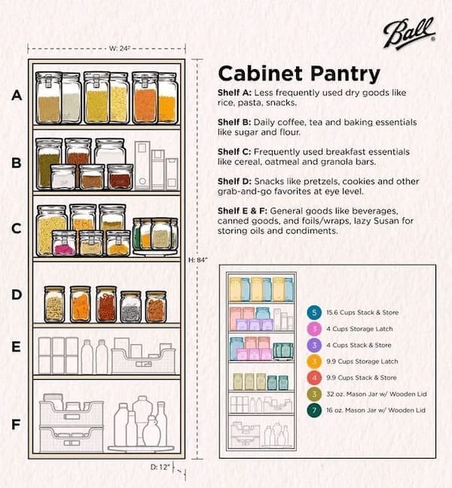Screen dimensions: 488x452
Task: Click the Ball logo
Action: coord(408,35)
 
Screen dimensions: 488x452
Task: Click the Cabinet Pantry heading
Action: coord(298,74)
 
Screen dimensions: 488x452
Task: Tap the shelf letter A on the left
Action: coord(16,96)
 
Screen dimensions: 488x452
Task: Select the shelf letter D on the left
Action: coord(16,295)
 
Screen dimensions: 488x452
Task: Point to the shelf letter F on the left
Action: coord(16,424)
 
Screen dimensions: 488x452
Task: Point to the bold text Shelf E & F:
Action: coord(245,211)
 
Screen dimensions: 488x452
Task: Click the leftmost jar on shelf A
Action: coord(48,98)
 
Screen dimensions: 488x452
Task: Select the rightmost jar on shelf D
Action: coord(155,307)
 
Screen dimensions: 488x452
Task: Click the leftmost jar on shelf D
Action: coord(54,305)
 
